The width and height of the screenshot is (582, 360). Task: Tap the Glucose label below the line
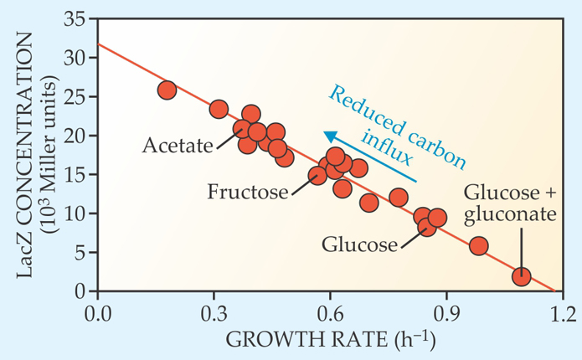359,244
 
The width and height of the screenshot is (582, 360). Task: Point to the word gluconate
510,214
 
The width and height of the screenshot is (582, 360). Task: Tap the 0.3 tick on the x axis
214,316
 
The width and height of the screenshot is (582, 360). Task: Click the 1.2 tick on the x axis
563,316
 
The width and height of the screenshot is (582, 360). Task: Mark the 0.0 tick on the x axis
98,316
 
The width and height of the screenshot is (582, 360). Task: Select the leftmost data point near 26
167,90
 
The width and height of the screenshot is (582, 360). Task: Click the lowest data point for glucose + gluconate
521,277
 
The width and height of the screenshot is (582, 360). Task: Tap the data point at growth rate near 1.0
478,246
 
